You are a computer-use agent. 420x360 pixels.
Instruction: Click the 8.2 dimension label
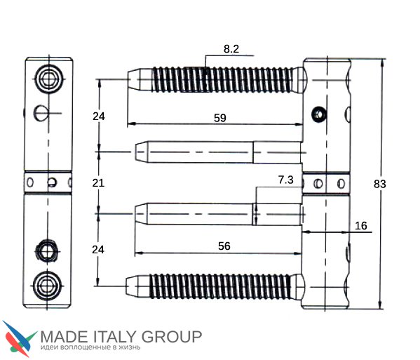tap(231, 49)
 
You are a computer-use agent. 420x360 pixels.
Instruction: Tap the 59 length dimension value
tap(220, 118)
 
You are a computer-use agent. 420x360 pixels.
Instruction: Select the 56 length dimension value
tap(224, 246)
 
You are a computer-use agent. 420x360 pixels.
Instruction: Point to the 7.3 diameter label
tap(286, 180)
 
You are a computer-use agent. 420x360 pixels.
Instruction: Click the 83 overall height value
tap(380, 184)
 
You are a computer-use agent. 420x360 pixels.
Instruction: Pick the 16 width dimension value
tap(361, 226)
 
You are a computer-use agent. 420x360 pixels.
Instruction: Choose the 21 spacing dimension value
tap(98, 183)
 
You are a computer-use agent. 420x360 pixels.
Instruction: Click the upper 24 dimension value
tap(99, 116)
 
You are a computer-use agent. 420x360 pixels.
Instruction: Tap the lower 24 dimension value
tap(98, 250)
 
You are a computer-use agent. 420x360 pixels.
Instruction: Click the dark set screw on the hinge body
tap(319, 114)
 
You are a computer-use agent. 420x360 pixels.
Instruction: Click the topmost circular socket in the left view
tap(49, 79)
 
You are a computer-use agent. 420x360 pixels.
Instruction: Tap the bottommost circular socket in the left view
tap(47, 286)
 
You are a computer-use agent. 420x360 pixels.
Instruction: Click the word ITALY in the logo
tap(116, 337)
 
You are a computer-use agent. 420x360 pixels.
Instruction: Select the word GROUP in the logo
tap(172, 337)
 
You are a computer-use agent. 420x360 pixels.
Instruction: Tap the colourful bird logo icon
tap(20, 338)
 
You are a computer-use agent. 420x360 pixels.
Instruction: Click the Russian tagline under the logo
tap(90, 347)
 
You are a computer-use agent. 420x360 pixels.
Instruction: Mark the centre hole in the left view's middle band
tap(52, 182)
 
